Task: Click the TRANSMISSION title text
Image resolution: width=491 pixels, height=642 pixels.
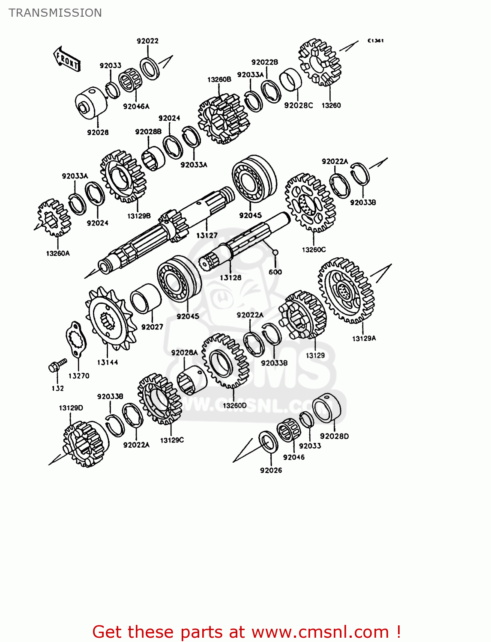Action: click(x=55, y=13)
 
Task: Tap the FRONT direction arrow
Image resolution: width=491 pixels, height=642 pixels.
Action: click(x=67, y=59)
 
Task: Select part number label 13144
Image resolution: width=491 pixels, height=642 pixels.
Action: click(x=108, y=363)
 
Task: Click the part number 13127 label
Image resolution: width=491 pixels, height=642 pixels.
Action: click(x=207, y=235)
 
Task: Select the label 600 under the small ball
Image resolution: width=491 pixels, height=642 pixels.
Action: click(x=275, y=272)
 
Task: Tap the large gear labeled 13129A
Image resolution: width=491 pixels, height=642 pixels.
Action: click(x=346, y=291)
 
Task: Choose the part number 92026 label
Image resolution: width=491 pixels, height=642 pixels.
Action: click(x=271, y=470)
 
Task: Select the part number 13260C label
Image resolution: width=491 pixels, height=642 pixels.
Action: click(x=314, y=250)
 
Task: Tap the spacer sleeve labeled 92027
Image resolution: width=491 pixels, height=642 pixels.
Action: click(x=145, y=298)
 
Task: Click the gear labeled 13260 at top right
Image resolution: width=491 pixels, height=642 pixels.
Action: click(x=320, y=62)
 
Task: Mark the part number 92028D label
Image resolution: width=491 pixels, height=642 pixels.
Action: click(x=334, y=436)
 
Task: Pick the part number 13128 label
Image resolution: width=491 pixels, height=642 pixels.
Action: click(x=231, y=278)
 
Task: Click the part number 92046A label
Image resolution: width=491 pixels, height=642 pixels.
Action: click(x=136, y=107)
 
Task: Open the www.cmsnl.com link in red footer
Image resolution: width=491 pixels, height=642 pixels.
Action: click(x=320, y=632)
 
